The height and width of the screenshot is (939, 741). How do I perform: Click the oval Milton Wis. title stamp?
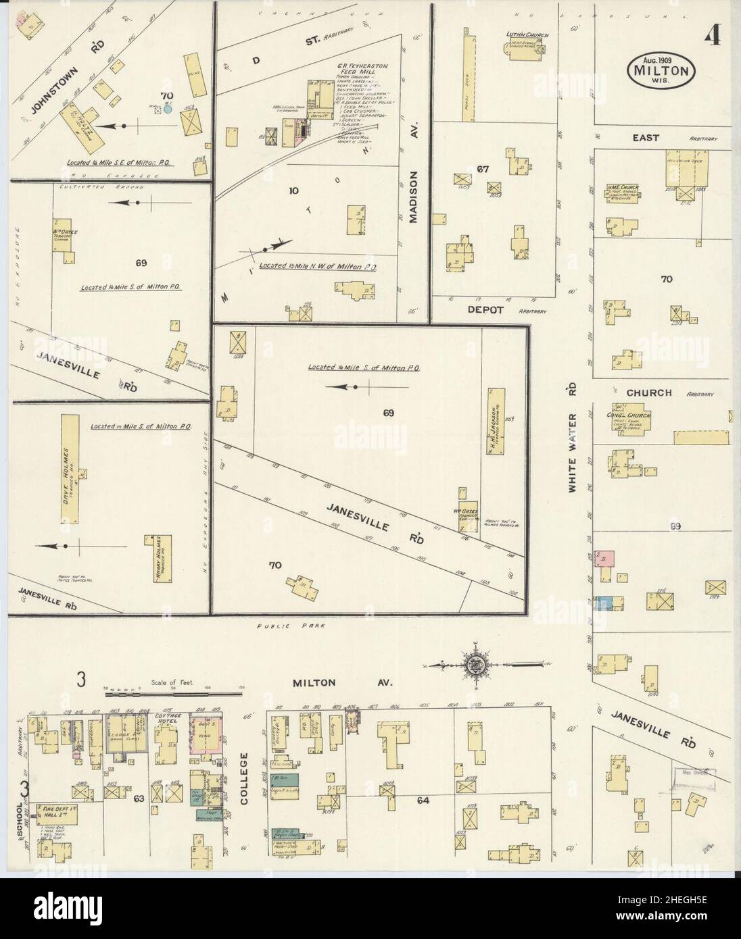661,69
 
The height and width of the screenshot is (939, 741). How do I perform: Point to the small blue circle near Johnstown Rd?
168,107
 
